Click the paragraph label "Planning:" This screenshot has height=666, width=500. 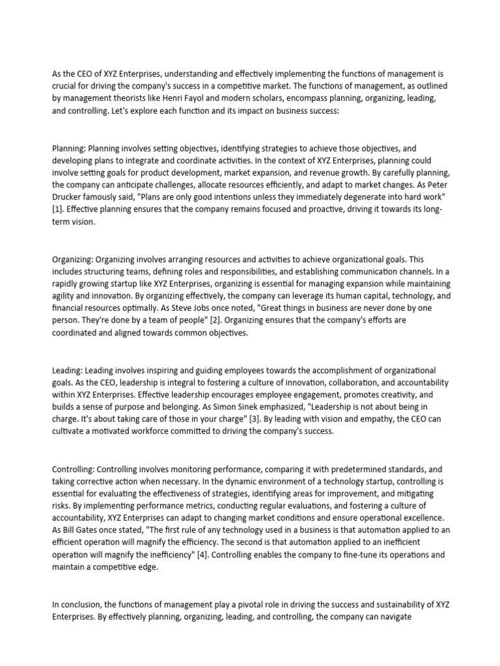[68, 148]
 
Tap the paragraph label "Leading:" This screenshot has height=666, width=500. [68, 369]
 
